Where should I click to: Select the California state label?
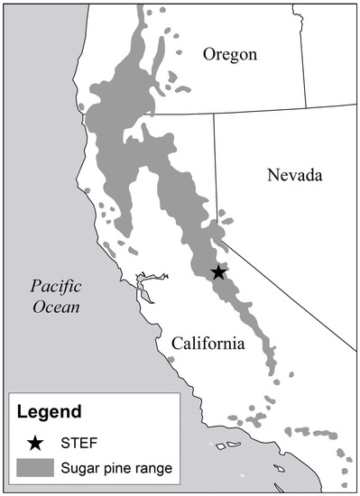208,344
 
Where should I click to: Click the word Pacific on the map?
55,288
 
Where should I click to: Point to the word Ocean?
55,308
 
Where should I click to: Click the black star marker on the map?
217,272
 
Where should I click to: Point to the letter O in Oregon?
208,56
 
